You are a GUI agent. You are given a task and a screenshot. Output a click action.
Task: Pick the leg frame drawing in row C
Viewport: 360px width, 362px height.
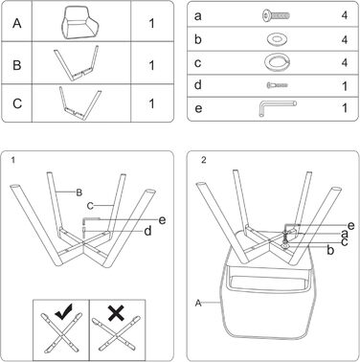[79, 102]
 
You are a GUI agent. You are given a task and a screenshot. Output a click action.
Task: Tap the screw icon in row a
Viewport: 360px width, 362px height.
[276, 15]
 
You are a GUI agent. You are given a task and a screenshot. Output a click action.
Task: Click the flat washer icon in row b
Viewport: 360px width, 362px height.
[277, 39]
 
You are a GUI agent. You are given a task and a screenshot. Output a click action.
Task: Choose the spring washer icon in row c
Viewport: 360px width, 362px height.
[277, 62]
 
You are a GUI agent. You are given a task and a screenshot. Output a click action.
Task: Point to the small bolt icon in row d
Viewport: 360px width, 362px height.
[277, 85]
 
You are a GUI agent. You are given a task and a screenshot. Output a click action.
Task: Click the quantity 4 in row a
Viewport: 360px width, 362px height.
[345, 15]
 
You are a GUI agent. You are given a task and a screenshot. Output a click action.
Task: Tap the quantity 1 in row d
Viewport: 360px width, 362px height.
[345, 86]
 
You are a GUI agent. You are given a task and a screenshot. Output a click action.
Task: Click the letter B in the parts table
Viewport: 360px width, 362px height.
[17, 65]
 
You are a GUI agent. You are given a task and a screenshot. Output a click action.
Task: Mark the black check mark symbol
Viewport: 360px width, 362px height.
[64, 311]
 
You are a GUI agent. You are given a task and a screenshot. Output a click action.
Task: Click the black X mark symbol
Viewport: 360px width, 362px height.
[116, 312]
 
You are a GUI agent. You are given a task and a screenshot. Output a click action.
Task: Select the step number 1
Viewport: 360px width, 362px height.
[12, 160]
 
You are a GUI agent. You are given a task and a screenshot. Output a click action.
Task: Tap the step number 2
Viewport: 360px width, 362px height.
[204, 160]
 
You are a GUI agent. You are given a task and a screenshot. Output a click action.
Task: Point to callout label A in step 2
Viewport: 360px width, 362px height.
[198, 303]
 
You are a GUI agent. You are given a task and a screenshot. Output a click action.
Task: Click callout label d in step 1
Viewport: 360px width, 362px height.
[147, 231]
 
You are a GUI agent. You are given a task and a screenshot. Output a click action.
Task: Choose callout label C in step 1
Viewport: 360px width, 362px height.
[90, 206]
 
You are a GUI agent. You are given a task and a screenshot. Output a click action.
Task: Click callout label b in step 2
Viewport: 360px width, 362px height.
[330, 250]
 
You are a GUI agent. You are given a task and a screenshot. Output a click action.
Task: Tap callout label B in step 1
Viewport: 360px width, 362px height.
[79, 192]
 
